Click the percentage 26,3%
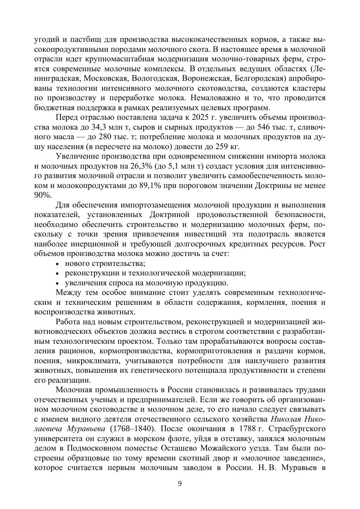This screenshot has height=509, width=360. pyautogui.click(x=137, y=166)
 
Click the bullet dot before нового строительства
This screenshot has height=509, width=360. pyautogui.click(x=57, y=264)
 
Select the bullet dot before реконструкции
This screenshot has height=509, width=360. pyautogui.click(x=57, y=274)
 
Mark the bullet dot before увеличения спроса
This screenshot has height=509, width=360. pyautogui.click(x=57, y=283)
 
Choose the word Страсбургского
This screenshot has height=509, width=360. pyautogui.click(x=297, y=429)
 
